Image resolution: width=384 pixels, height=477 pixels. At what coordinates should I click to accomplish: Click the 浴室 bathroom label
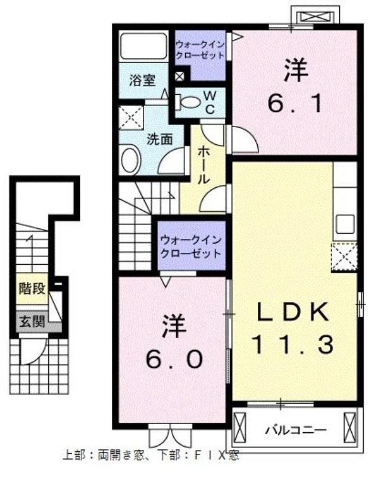tap(142, 80)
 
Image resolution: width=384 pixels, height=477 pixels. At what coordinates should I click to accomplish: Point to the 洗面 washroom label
tap(160, 139)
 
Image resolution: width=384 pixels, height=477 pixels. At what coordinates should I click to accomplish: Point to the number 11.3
tap(292, 344)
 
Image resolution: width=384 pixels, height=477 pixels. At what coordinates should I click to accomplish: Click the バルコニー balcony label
tap(296, 430)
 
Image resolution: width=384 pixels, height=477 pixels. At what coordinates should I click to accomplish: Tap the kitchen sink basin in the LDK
tap(345, 224)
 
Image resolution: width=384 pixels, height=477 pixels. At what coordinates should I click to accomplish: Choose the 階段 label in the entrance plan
tap(32, 289)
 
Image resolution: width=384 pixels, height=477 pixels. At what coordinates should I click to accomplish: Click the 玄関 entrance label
tap(32, 321)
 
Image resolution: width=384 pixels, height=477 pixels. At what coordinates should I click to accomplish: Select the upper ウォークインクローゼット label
tap(200, 49)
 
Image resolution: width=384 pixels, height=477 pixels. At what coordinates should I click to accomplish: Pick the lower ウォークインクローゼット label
tap(191, 246)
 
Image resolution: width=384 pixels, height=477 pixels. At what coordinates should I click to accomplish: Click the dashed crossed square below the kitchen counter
tap(345, 256)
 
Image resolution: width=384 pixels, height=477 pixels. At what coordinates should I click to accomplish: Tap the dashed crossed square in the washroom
tap(131, 117)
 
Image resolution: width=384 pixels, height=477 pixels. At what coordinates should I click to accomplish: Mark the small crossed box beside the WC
tap(180, 76)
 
